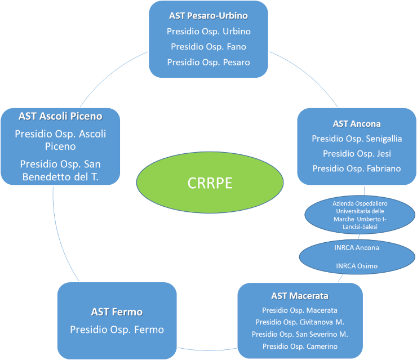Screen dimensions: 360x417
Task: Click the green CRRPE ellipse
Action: pos(210,183)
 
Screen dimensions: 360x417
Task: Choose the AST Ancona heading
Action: pos(357,123)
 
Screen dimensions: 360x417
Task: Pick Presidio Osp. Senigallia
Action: pos(357,138)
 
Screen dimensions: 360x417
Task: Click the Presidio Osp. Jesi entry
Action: pos(357,153)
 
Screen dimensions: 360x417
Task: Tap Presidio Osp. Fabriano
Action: pos(357,168)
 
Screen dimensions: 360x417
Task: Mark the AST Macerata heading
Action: pos(300,296)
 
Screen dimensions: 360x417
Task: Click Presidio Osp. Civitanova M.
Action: pos(300,322)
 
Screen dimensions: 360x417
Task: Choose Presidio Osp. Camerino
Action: pos(300,346)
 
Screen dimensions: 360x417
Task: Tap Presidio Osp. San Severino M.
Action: pos(300,334)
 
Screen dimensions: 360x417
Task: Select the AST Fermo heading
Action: pos(117,312)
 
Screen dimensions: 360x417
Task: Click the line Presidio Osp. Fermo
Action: pos(117,329)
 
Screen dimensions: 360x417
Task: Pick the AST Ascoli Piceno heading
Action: pos(60,117)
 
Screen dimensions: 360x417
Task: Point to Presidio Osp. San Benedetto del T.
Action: pos(60,170)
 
